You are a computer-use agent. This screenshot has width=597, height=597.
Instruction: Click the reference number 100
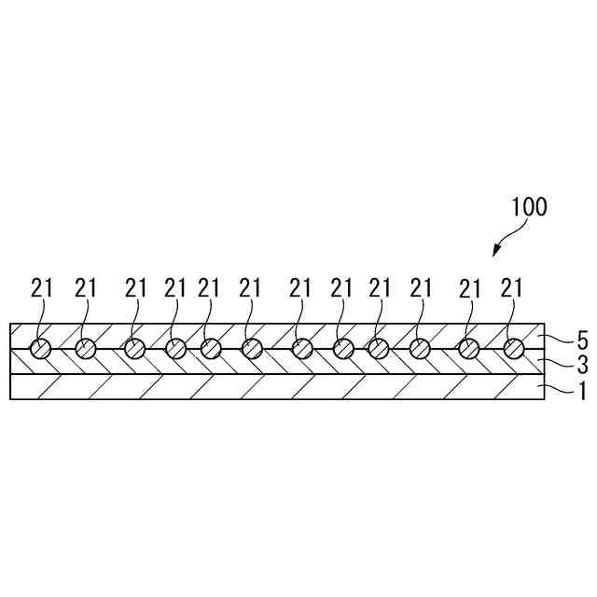(x=528, y=207)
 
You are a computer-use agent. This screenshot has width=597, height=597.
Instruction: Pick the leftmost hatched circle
(x=40, y=349)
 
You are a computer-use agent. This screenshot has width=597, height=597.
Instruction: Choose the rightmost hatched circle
(x=514, y=349)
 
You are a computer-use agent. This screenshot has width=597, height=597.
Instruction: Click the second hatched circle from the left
(x=86, y=349)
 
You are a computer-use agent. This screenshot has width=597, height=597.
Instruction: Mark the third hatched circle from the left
(x=135, y=349)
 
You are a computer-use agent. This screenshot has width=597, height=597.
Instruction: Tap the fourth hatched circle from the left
(x=175, y=349)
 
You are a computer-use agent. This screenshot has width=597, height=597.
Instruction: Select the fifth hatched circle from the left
(x=211, y=349)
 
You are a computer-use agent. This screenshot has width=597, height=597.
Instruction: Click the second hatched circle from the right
(x=468, y=349)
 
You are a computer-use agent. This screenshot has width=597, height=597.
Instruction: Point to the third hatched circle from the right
(x=421, y=349)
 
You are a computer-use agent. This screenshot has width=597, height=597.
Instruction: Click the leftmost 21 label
(x=42, y=289)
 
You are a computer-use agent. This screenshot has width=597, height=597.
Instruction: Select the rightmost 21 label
(x=512, y=289)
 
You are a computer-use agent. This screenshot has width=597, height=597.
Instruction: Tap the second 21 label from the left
(x=86, y=289)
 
